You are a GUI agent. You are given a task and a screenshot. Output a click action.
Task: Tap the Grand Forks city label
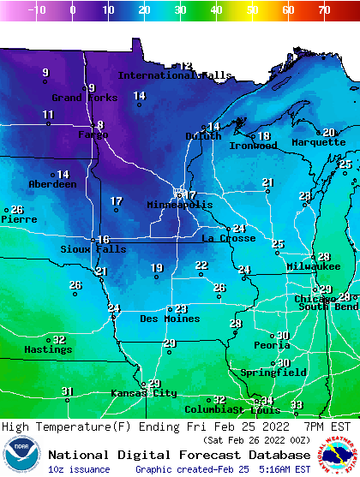coord(79,98)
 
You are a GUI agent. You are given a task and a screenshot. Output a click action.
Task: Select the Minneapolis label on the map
coord(179,206)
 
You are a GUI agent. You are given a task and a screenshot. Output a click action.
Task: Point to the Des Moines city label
coord(170,319)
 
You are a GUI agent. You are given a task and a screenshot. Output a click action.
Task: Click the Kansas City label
coord(143,393)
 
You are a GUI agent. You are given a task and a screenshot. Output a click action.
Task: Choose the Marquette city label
coord(318,142)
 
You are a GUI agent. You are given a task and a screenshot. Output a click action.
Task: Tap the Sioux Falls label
coord(93,249)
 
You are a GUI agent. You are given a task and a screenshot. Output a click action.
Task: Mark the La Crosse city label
coord(229,238)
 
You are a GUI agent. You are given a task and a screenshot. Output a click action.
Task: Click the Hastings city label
coord(48,349)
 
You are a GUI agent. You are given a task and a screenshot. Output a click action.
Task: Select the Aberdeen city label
coord(52,184)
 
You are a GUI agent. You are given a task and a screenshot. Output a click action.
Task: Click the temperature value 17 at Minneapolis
coord(191,195)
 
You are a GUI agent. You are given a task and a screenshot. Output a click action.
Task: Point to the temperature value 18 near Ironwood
coord(264,136)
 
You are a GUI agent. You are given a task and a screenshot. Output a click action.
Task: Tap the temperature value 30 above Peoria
coord(283,336)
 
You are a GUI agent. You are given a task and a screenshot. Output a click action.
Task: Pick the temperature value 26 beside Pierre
coord(17,210)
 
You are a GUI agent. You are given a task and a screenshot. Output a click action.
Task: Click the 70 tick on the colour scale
coord(323,10)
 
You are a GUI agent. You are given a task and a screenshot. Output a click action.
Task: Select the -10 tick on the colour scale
coord(36,10)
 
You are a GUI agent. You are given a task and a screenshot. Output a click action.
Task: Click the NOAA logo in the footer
coord(21,454)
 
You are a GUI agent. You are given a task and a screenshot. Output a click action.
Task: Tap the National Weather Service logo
coord(339,454)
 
